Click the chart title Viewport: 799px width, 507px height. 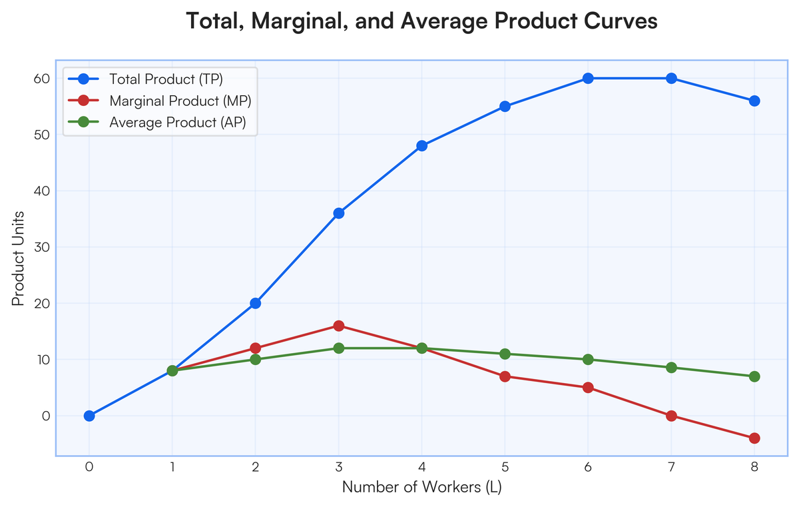coord(421,21)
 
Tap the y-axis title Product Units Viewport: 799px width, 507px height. coord(18,258)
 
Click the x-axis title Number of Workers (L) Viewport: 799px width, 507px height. coord(422,487)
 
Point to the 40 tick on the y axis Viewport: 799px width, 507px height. coord(41,191)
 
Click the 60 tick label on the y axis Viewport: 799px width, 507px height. coord(41,79)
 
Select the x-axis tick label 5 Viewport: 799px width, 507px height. coord(505,467)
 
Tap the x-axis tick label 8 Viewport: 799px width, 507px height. coord(754,467)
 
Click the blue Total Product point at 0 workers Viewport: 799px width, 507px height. coord(89,416)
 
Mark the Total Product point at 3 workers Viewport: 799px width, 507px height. coord(338,213)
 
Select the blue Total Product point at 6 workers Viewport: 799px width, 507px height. coord(588,79)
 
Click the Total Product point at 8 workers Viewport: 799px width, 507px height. coord(754,101)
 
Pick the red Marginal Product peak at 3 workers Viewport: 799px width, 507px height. coord(338,326)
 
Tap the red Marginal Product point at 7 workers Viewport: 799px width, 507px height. coord(671,416)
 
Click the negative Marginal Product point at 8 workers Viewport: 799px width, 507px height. coord(754,438)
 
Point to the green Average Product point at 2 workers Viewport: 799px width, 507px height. coord(256,359)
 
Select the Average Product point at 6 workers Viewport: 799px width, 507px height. coord(588,359)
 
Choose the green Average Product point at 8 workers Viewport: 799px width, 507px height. coord(754,376)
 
